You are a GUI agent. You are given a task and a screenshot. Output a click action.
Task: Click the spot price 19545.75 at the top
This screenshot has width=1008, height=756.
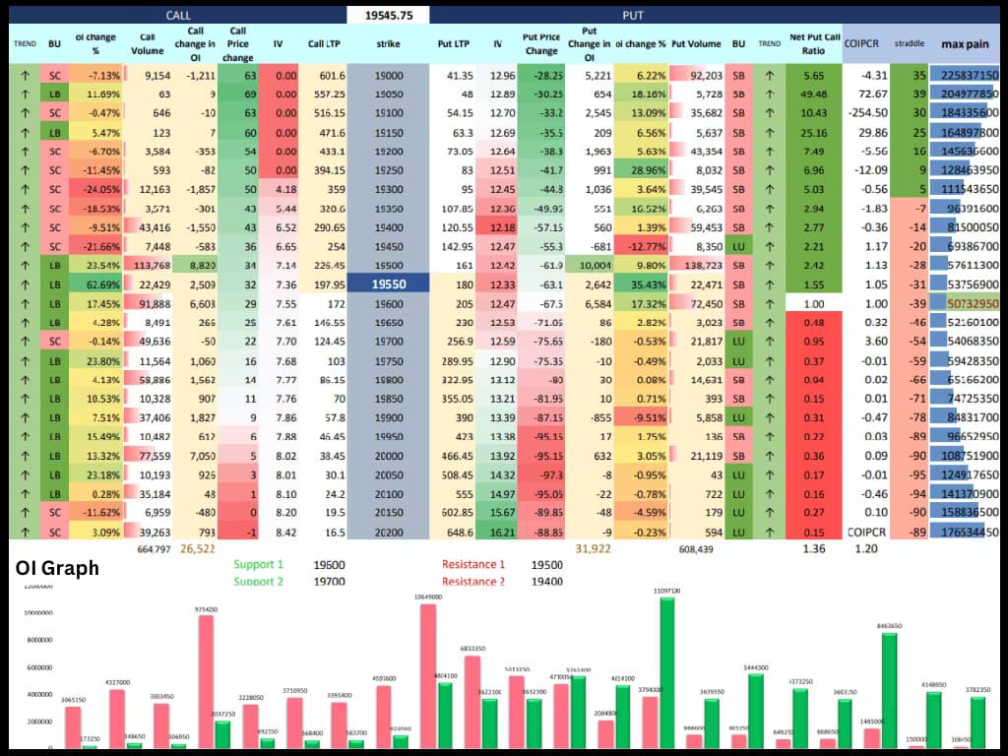[x=388, y=15]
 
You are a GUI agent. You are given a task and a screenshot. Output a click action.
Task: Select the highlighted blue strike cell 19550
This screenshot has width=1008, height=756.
[x=388, y=283]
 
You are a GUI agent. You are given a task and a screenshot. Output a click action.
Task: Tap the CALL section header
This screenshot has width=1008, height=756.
[x=177, y=15]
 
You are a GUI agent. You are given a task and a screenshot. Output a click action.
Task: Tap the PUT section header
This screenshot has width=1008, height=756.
[x=633, y=15]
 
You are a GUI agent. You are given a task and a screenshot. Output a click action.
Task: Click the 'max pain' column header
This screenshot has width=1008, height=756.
[x=966, y=44]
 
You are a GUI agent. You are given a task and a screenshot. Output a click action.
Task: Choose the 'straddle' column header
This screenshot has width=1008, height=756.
[x=909, y=44]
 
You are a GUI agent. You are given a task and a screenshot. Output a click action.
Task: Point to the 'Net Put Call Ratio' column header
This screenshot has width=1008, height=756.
[x=814, y=44]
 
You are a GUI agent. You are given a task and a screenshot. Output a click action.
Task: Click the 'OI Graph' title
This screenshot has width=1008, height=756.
[x=57, y=569]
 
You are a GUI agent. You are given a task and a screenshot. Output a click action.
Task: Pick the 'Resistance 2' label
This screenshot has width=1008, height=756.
[x=473, y=581]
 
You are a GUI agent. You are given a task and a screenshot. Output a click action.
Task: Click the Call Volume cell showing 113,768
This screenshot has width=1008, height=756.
[x=151, y=265]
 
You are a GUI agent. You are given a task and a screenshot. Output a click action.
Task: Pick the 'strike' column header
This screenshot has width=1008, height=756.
[x=388, y=44]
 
